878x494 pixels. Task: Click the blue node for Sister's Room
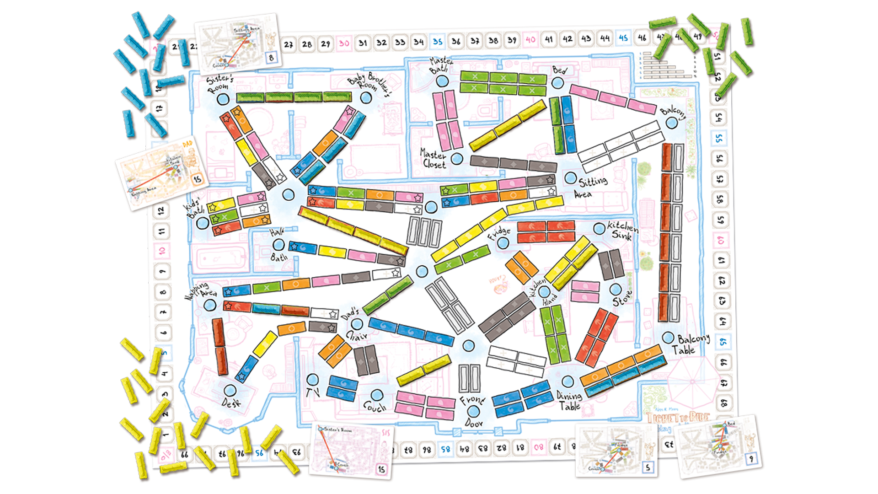click(x=223, y=99)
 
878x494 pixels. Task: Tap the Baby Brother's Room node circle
click(x=365, y=97)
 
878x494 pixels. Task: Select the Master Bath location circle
click(x=442, y=81)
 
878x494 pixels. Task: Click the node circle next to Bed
click(x=557, y=83)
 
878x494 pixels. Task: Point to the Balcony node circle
click(x=671, y=123)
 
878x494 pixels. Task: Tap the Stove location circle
click(x=616, y=290)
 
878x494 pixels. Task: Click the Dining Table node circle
click(x=567, y=381)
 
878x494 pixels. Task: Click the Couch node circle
click(x=376, y=395)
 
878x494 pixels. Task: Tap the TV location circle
click(x=313, y=380)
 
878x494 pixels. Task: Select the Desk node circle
click(x=230, y=391)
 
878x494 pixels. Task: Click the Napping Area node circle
click(x=209, y=305)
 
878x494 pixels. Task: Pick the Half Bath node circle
click(x=278, y=245)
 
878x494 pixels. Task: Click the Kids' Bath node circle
click(x=203, y=223)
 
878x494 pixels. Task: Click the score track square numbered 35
click(x=438, y=42)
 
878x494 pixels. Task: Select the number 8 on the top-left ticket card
click(x=272, y=58)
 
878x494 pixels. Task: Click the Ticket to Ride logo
click(x=678, y=417)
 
